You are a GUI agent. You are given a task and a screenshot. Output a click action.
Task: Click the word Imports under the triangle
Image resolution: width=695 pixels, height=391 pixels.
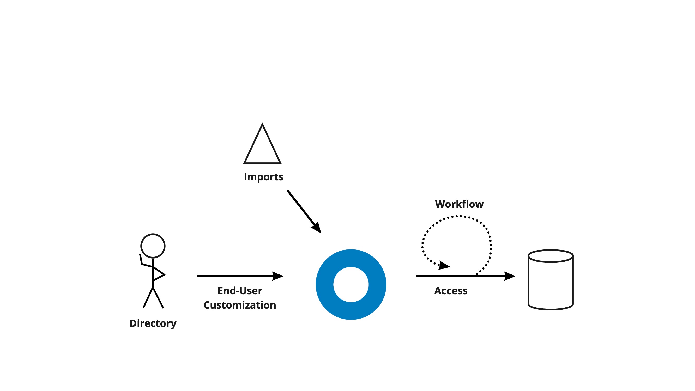(264, 177)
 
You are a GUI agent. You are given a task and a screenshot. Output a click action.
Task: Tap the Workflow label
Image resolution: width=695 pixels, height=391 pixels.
(459, 204)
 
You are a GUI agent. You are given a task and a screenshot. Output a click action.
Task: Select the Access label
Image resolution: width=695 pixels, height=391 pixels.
(451, 291)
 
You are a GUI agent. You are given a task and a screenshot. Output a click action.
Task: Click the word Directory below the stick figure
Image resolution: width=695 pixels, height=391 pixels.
(153, 323)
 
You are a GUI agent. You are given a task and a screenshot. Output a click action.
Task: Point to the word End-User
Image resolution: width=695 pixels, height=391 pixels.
(240, 291)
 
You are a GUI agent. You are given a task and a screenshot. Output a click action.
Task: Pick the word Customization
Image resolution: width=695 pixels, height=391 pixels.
(240, 305)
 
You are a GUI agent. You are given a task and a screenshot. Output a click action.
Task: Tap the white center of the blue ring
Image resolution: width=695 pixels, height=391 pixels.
(351, 284)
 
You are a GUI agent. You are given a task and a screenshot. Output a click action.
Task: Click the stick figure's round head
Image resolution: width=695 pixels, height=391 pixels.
(153, 246)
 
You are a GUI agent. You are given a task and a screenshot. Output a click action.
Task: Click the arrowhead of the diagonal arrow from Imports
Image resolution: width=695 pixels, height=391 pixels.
(317, 228)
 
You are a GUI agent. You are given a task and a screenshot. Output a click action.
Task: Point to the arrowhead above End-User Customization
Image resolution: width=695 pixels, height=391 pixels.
(278, 276)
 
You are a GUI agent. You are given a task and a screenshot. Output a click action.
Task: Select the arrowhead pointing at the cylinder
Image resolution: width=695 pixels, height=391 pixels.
(510, 276)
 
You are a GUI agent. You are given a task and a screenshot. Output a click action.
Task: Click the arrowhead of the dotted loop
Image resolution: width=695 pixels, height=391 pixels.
(444, 265)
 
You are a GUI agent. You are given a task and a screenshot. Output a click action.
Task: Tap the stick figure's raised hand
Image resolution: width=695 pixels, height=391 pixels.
(140, 255)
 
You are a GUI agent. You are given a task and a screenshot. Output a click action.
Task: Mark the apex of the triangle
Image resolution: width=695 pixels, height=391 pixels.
(262, 125)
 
